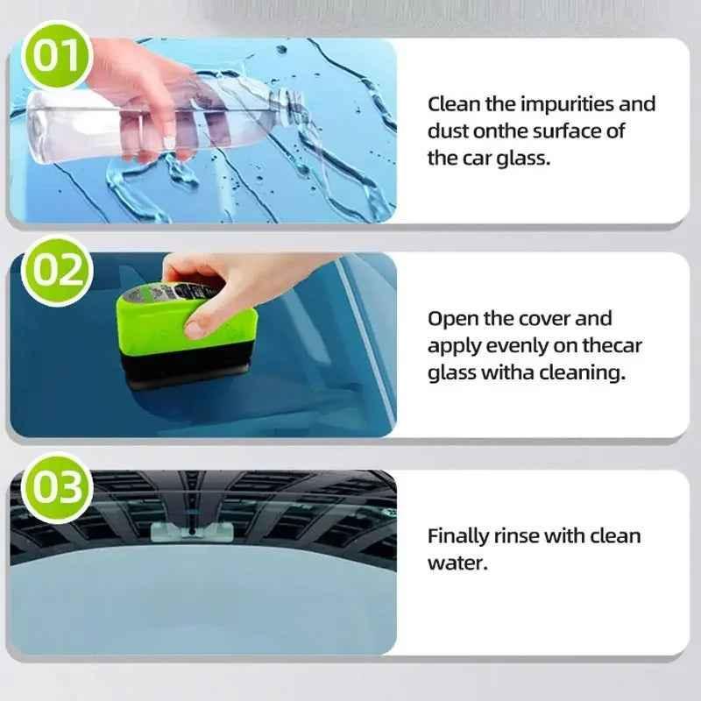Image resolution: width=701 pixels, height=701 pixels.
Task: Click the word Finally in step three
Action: coord(457,535)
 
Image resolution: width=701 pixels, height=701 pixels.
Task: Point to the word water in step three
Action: coord(456,562)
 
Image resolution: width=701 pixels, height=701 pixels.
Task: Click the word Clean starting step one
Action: coord(454,104)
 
